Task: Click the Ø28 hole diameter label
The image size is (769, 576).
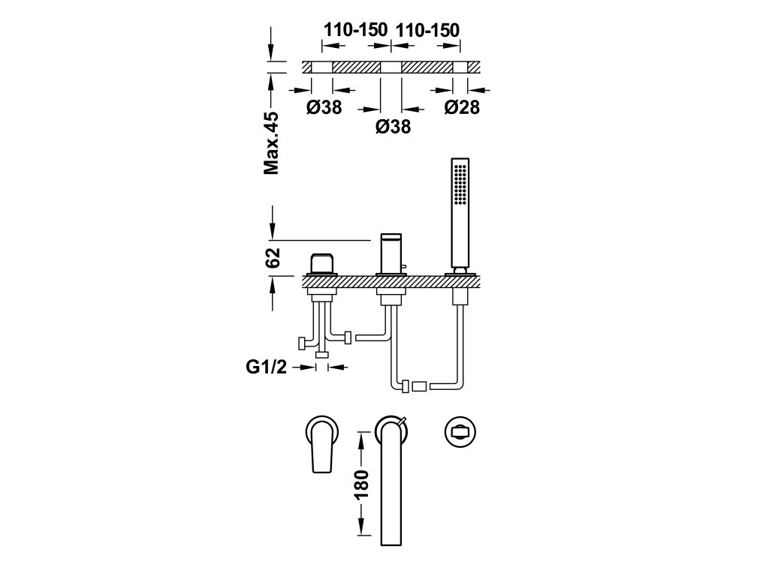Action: tap(461, 107)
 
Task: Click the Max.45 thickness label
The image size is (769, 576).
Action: tap(271, 143)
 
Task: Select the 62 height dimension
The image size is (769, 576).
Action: tap(273, 256)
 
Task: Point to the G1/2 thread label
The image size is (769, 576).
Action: tap(267, 367)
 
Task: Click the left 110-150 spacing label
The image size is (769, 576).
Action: tap(355, 30)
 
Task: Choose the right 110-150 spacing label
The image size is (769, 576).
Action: tap(427, 30)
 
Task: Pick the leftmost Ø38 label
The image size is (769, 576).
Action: tap(324, 107)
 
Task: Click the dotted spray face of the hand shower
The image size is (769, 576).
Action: tap(459, 184)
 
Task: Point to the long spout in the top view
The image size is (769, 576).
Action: tap(390, 487)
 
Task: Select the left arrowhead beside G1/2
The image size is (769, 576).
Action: tap(308, 367)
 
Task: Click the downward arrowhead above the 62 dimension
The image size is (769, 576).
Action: tap(273, 228)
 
